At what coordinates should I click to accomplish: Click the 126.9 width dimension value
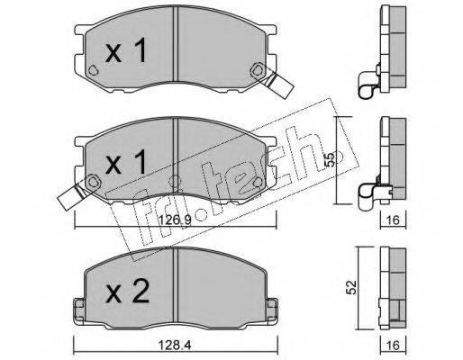click(175, 220)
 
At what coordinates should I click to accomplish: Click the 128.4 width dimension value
click(175, 346)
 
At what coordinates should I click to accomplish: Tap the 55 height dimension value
click(330, 159)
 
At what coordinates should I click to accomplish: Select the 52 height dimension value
click(350, 287)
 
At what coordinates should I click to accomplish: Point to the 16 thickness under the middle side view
click(393, 220)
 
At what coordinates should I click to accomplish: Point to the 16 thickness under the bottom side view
click(393, 346)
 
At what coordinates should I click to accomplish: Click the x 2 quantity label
click(128, 291)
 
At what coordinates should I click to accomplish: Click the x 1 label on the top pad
click(126, 50)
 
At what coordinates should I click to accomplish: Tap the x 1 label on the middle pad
click(126, 162)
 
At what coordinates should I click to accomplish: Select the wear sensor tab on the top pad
click(278, 85)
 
